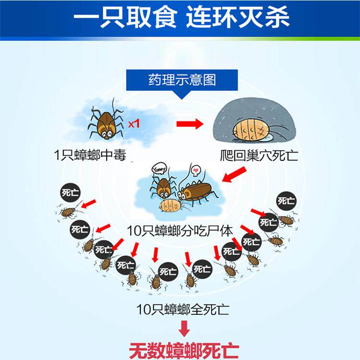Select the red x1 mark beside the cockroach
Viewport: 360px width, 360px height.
pos(133,123)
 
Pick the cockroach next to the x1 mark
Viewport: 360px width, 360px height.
pos(107,122)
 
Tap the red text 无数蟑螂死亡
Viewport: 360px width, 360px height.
pos(183,349)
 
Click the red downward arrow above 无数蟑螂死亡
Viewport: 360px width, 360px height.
pos(184,329)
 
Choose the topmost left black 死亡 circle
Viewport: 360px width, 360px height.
pos(70,193)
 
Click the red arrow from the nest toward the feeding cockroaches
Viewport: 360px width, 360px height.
pos(232,176)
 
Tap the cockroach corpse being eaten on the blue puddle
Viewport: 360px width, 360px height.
pos(170,205)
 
